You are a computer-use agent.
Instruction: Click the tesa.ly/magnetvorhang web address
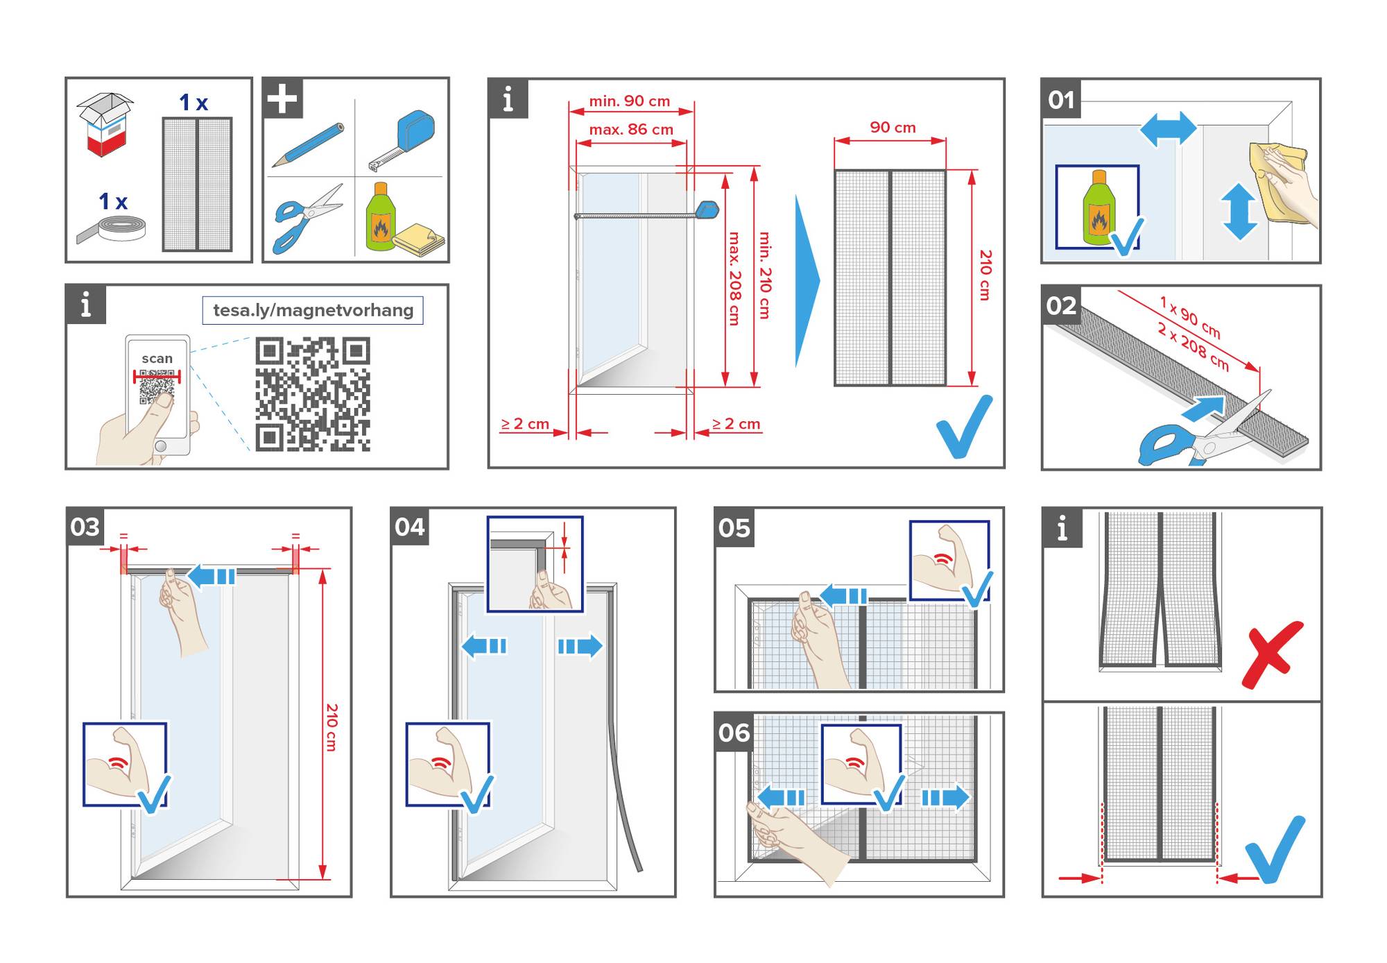pyautogui.click(x=313, y=310)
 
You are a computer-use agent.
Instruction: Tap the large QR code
pyautogui.click(x=312, y=394)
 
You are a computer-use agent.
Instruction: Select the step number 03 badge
pyautogui.click(x=85, y=527)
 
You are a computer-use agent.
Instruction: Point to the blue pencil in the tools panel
pyautogui.click(x=308, y=144)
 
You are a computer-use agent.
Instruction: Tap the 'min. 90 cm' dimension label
pyautogui.click(x=629, y=101)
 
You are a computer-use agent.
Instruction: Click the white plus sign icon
pyautogui.click(x=282, y=98)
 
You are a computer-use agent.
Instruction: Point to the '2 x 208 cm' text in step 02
pyautogui.click(x=1193, y=346)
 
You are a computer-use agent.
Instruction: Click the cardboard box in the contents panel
pyautogui.click(x=105, y=124)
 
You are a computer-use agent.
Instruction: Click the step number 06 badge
pyautogui.click(x=734, y=733)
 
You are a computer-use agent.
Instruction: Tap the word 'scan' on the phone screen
pyautogui.click(x=157, y=359)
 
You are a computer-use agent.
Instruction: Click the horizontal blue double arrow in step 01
pyautogui.click(x=1168, y=130)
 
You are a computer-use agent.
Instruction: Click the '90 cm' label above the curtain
pyautogui.click(x=893, y=128)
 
